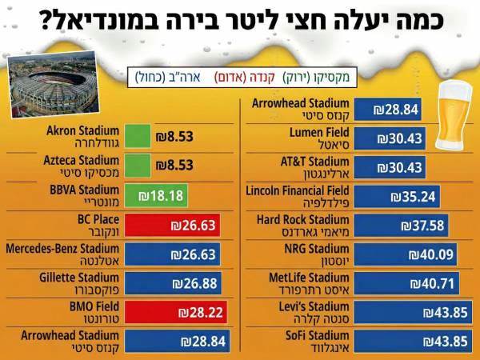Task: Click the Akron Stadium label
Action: coord(83,136)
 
